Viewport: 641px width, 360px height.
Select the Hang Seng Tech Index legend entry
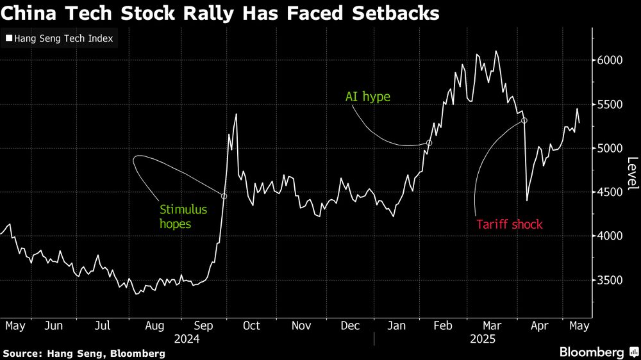[x=60, y=38]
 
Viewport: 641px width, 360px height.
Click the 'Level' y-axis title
[x=632, y=174]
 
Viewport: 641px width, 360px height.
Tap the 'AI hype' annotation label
[x=367, y=97]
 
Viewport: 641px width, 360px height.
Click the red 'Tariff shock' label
[x=510, y=224]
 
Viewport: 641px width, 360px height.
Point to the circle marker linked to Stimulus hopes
[x=224, y=196]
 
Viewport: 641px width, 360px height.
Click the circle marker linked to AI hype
[x=429, y=143]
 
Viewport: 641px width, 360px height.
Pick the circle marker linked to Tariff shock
[x=524, y=120]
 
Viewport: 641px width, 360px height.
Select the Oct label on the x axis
[x=251, y=326]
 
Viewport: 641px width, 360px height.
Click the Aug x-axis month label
[x=154, y=326]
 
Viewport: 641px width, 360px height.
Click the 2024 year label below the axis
[x=187, y=338]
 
